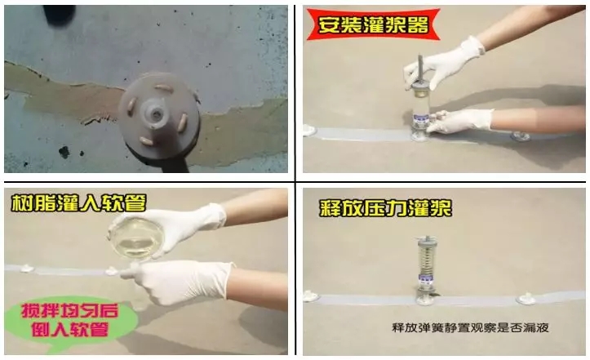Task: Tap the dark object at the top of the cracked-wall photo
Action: click(x=60, y=14)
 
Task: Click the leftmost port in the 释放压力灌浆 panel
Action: click(x=311, y=296)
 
